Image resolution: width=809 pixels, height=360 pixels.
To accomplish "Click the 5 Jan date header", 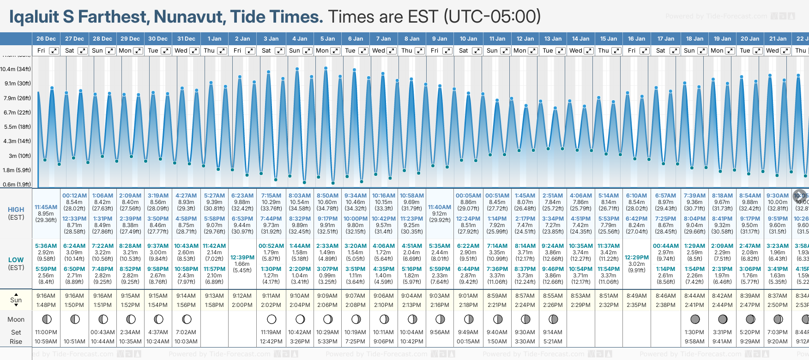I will (327, 39).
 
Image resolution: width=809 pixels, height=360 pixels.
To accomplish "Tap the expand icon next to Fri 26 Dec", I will (54, 51).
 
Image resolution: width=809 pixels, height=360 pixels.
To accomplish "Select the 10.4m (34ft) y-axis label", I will (16, 69).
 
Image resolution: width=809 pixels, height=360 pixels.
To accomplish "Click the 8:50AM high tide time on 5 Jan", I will (327, 196).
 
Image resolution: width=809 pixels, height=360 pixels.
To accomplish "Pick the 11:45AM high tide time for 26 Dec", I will (46, 207).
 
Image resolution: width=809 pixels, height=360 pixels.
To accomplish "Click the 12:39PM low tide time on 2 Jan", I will (242, 258).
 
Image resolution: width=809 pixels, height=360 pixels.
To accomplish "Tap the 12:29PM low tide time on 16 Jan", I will (636, 258).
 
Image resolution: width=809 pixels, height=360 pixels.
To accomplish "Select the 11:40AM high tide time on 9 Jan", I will (440, 207).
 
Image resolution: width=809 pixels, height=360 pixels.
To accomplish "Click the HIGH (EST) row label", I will (16, 213).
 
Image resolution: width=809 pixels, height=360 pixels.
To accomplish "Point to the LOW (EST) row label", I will (16, 264).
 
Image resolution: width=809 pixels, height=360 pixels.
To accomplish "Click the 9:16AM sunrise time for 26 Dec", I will (46, 296).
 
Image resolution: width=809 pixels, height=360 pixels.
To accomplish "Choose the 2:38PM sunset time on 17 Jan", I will (665, 305).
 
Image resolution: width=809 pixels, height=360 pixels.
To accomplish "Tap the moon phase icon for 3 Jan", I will (272, 319).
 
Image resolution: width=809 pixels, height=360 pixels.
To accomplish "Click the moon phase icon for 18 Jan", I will (694, 319).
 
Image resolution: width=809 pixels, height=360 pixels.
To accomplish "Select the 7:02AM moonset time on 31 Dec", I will (187, 332).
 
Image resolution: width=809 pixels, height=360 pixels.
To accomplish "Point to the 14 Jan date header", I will (580, 39).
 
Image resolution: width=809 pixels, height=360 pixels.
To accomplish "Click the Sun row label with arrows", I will (16, 300).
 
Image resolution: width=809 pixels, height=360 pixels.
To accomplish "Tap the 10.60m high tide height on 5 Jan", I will (327, 202).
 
